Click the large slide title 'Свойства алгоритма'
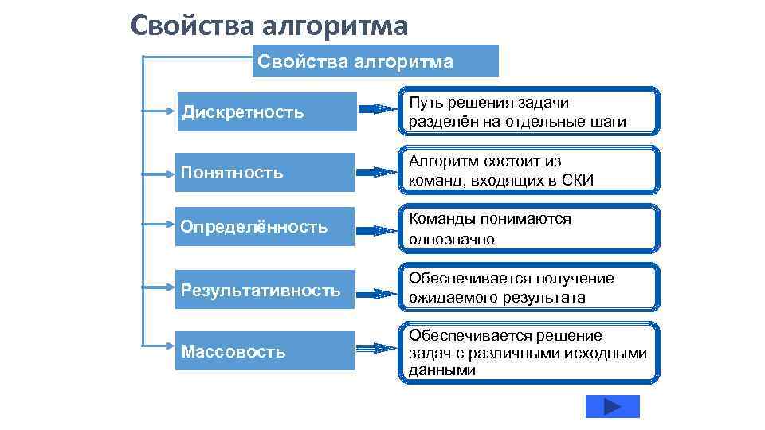tap(269, 25)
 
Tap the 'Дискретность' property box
tap(265, 111)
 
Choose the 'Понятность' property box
tap(265, 172)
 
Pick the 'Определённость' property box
tap(265, 227)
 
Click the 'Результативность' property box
tap(265, 290)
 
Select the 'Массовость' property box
tap(265, 350)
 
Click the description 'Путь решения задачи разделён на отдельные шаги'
tap(529, 112)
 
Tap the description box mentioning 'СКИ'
tap(529, 170)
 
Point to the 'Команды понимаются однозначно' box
tap(529, 229)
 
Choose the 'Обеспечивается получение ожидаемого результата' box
tap(529, 288)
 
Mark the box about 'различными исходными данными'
tap(529, 352)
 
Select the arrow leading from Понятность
tap(377, 172)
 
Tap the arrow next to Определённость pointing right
tap(377, 230)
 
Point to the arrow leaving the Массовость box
tap(377, 349)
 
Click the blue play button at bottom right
tap(612, 406)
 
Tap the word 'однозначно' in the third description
tap(451, 239)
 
